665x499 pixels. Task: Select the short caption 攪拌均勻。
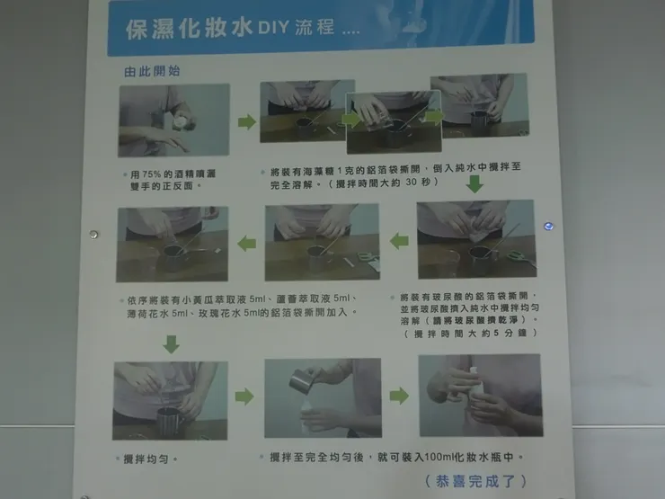click(x=150, y=459)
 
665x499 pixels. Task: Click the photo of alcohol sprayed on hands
click(x=173, y=120)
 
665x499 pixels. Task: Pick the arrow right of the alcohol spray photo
click(x=246, y=121)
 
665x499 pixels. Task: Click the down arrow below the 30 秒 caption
click(x=474, y=184)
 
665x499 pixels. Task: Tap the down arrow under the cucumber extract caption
click(x=172, y=343)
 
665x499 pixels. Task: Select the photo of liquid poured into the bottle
click(x=322, y=397)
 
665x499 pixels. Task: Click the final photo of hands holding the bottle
click(x=479, y=396)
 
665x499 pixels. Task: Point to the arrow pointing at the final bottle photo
click(x=399, y=396)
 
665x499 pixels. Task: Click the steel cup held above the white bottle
click(x=305, y=380)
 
